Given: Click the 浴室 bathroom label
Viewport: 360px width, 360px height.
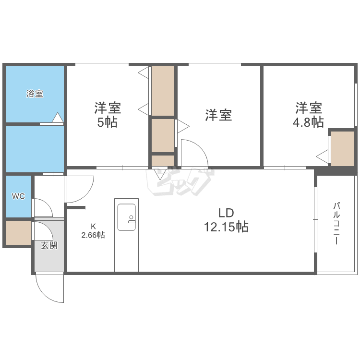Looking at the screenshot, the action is tap(35, 94).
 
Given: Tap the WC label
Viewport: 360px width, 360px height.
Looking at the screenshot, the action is tap(18, 196).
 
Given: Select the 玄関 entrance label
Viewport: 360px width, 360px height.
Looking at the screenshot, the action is tap(49, 246).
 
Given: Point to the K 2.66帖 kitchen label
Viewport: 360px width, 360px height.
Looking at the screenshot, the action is tap(93, 231).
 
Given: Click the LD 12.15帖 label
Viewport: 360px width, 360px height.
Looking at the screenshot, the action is tap(226, 220).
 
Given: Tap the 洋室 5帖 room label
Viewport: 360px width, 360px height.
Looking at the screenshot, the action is tap(108, 115).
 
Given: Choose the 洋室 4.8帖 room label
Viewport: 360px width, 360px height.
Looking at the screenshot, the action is tap(308, 115).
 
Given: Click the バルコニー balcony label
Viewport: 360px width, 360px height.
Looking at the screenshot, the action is tap(336, 223).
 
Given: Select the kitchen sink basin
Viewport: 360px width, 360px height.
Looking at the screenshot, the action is tap(127, 217).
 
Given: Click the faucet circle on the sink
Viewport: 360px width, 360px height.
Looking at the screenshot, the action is tap(131, 217).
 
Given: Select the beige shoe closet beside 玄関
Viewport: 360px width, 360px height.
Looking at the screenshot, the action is tap(18, 233).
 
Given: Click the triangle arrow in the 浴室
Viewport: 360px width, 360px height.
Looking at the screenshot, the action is tap(58, 117).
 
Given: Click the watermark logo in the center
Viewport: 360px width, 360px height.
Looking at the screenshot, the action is tap(180, 181).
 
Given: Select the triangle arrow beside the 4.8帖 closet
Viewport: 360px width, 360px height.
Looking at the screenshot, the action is tap(322, 156).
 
